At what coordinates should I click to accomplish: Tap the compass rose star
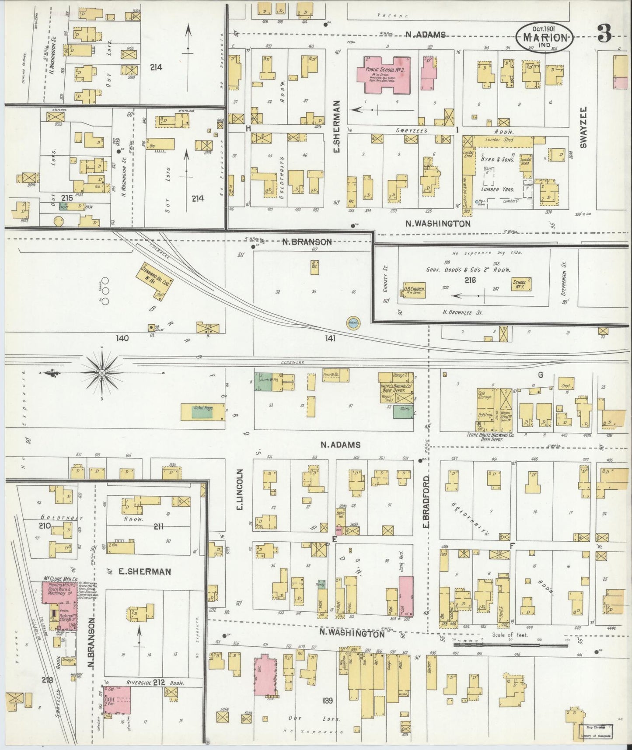(101, 373)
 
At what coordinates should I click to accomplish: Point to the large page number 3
(604, 34)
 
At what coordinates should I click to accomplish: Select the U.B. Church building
(415, 289)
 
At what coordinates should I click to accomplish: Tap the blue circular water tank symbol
(353, 323)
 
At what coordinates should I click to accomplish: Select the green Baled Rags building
(203, 411)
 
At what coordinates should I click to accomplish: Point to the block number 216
(471, 280)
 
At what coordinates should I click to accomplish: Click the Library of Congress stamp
(596, 731)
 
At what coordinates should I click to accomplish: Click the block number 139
(327, 701)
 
